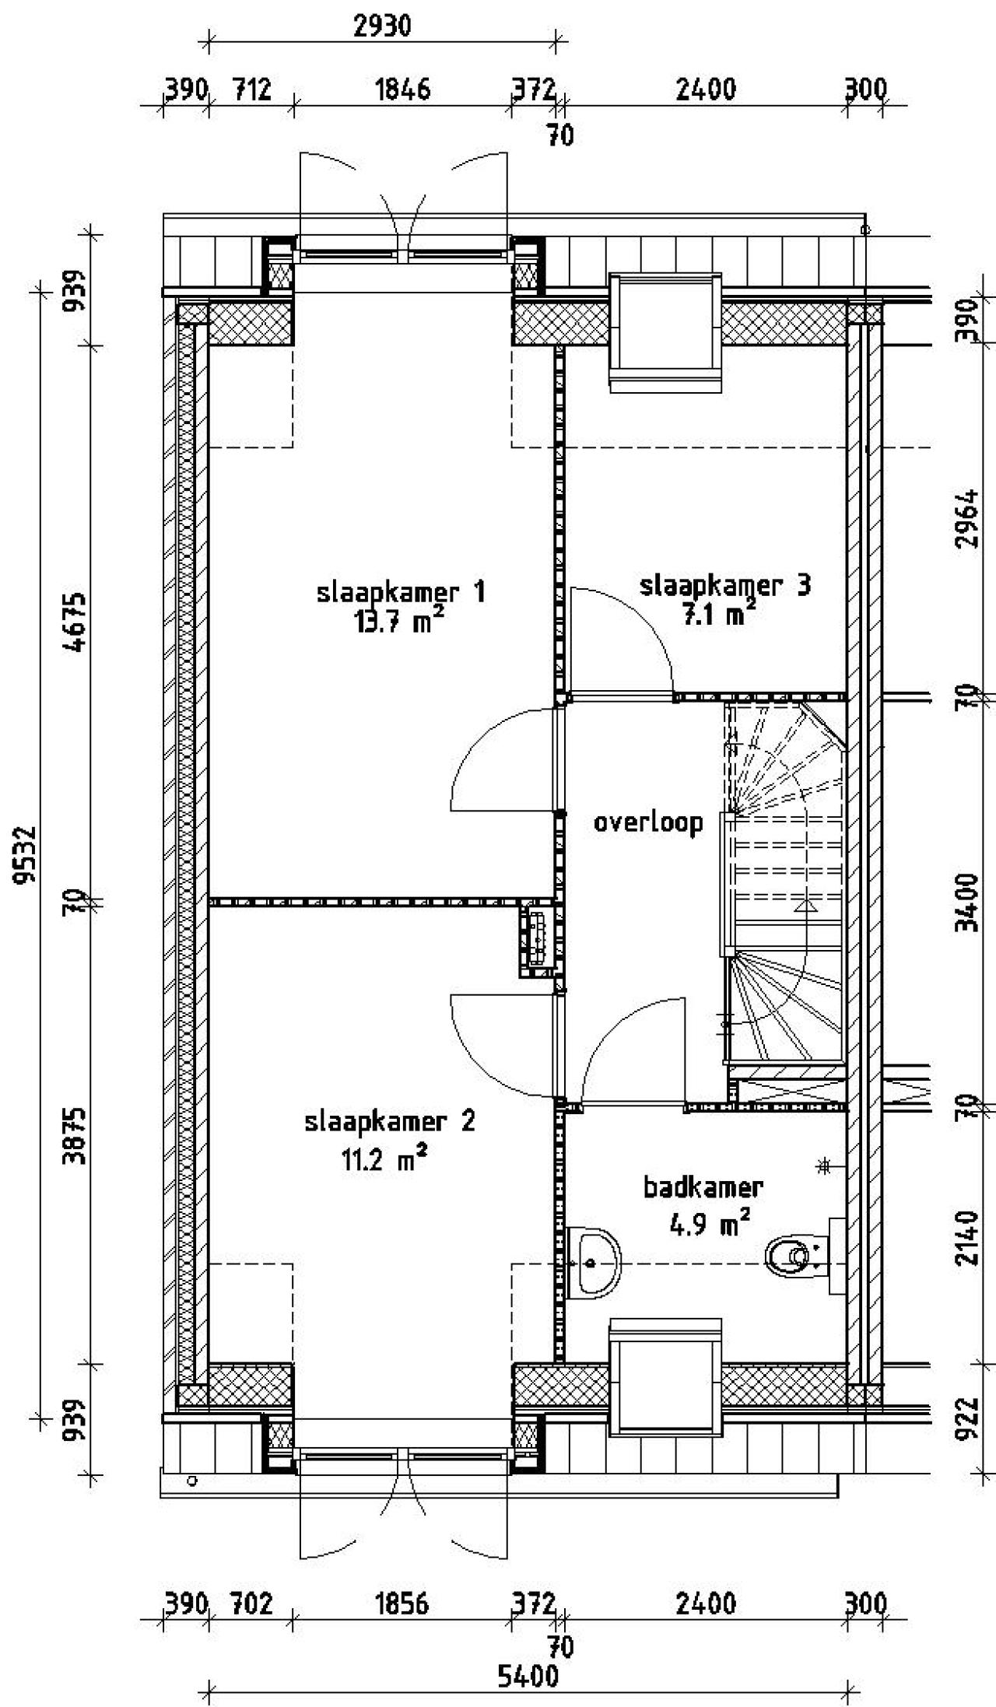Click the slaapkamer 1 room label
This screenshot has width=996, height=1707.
(x=401, y=593)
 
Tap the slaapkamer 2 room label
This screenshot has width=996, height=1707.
(x=389, y=1122)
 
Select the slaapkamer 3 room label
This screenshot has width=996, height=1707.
(x=724, y=585)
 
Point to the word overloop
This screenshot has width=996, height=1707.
(x=648, y=822)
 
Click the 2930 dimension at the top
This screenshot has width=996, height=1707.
(x=381, y=26)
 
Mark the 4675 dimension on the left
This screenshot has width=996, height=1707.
(x=76, y=622)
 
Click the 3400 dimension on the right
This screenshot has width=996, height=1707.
(x=968, y=903)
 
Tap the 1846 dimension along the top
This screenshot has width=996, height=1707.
(x=402, y=90)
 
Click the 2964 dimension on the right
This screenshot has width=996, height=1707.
(x=968, y=519)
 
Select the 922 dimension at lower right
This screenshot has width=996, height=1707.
(x=968, y=1418)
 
